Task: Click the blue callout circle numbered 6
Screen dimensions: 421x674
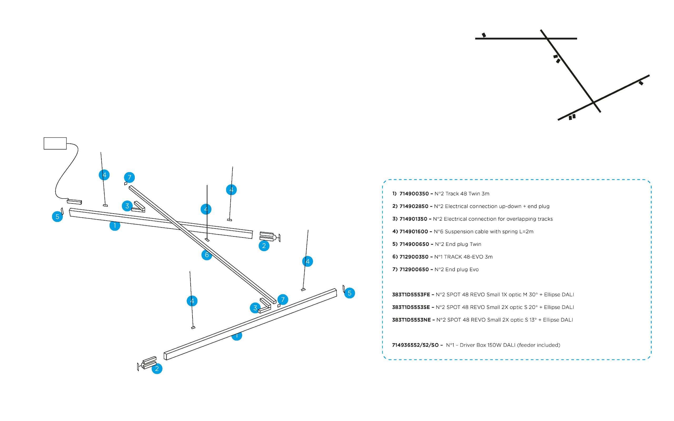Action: (x=207, y=255)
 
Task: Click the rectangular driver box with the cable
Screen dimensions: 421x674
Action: (x=55, y=143)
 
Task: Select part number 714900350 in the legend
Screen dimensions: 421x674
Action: (x=414, y=194)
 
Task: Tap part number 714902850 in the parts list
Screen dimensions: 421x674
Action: (x=414, y=206)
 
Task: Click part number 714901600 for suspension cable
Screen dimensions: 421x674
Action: (x=414, y=232)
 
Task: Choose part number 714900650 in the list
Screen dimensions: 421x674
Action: (x=414, y=244)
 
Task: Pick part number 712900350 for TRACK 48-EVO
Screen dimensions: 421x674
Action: (x=414, y=257)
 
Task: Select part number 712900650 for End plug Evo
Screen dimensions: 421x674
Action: (x=414, y=270)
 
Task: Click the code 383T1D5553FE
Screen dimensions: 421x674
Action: (x=411, y=295)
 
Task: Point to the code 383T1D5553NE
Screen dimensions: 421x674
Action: (x=411, y=320)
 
